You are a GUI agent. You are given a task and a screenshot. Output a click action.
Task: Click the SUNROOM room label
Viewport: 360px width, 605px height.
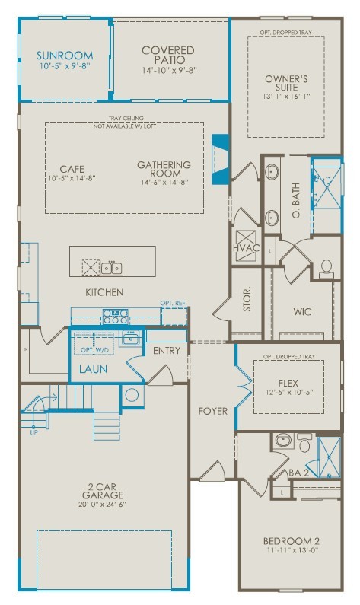(x=65, y=56)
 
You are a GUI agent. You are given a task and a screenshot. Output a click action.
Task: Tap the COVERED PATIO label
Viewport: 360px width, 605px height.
(x=168, y=56)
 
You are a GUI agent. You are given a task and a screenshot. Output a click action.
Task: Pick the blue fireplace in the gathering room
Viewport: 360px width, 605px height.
(x=220, y=159)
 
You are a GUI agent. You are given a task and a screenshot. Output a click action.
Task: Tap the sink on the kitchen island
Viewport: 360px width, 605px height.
(x=112, y=266)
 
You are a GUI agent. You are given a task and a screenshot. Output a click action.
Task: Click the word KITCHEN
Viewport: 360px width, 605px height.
(x=105, y=292)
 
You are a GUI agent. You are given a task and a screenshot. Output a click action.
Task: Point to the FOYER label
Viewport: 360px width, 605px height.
(x=213, y=411)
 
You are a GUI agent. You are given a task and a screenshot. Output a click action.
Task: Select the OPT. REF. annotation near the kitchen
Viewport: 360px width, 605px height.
(x=172, y=304)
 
